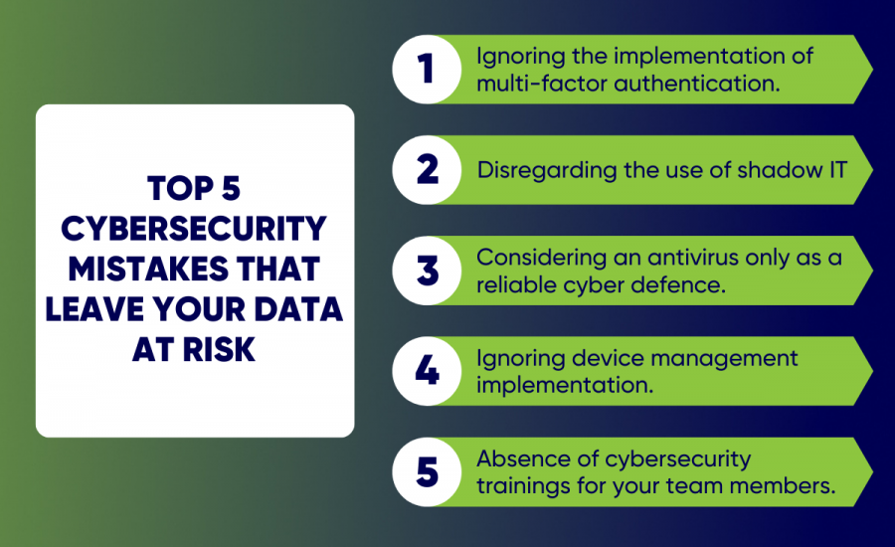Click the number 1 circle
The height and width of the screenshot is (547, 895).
[427, 70]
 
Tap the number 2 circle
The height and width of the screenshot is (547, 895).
[427, 170]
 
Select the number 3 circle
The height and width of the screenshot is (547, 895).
[427, 271]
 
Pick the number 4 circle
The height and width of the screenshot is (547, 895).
[427, 371]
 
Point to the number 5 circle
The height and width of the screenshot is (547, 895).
[427, 471]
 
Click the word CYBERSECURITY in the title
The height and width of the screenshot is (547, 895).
[194, 229]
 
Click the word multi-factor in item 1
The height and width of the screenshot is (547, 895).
[528, 83]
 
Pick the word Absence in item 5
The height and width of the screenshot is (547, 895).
[517, 458]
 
